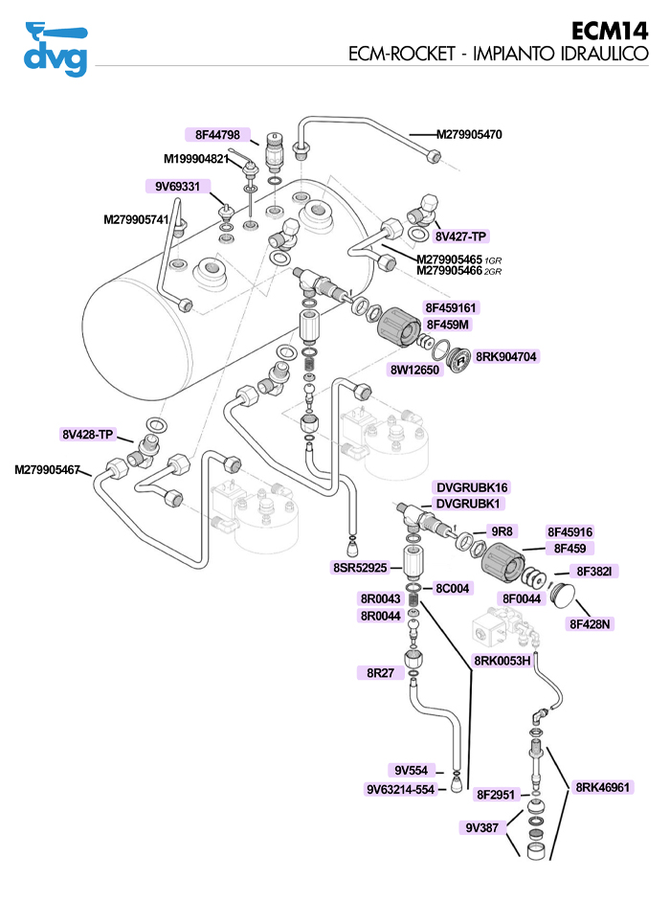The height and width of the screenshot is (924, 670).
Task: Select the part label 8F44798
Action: (217, 135)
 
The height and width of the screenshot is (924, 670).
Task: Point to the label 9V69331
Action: (172, 187)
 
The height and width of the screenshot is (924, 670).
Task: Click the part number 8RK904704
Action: (506, 356)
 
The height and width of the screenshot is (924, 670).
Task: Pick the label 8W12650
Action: (414, 370)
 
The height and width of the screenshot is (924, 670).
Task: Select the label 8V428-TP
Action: (88, 435)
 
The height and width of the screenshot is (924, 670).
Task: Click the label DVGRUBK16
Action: (472, 486)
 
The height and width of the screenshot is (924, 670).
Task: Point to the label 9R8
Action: (502, 531)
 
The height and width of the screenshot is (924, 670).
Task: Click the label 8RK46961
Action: (603, 787)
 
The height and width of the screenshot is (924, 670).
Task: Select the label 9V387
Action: (483, 827)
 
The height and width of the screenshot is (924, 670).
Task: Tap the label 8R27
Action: (381, 673)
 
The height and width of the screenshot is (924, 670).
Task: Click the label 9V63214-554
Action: (400, 790)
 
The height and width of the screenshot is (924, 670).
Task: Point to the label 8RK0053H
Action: (502, 660)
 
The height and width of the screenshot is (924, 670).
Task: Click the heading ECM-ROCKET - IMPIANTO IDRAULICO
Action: (499, 56)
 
